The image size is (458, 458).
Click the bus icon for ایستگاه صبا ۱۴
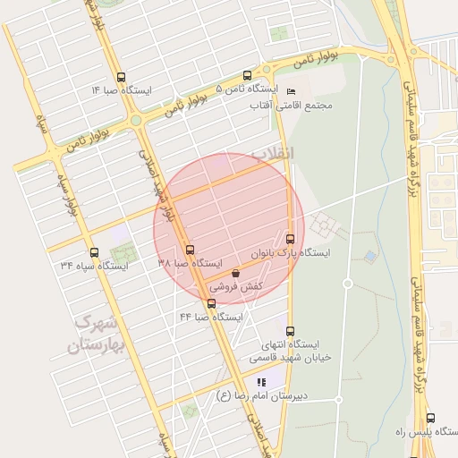coord(122,76)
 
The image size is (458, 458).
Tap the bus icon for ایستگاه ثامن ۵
coord(248,76)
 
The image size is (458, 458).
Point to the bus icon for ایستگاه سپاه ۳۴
coord(94,252)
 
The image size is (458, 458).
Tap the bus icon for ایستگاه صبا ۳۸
coord(189,250)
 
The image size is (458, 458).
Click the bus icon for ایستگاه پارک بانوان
coord(290,239)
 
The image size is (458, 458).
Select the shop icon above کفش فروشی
coord(235,273)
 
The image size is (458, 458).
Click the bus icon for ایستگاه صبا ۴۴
coord(211,303)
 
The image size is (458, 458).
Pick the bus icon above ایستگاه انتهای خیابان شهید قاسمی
coord(289,330)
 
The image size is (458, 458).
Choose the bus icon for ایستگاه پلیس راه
coord(430,418)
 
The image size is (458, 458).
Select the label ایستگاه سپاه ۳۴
coord(94,267)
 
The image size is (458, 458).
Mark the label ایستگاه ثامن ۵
coord(248,90)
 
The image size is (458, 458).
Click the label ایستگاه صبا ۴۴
coord(211,318)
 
